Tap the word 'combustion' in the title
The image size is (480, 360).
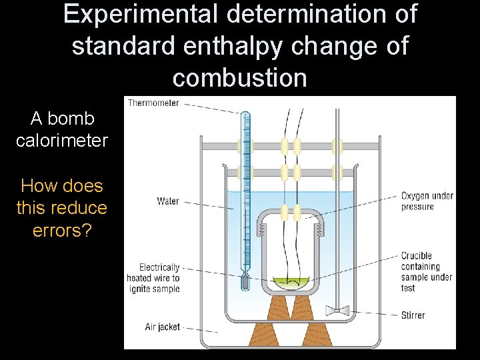click(x=240, y=78)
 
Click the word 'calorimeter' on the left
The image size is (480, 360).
click(x=62, y=141)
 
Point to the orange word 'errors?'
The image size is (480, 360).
click(x=62, y=230)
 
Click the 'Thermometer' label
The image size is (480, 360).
click(x=153, y=103)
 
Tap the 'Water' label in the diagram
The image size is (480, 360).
click(x=168, y=201)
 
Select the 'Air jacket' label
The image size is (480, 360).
click(x=163, y=327)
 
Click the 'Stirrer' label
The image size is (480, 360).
click(x=413, y=315)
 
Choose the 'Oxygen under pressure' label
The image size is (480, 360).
click(x=427, y=201)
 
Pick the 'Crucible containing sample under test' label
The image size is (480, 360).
click(x=426, y=272)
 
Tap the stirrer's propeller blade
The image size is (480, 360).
click(x=339, y=310)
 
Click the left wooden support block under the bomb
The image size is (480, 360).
click(x=278, y=308)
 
